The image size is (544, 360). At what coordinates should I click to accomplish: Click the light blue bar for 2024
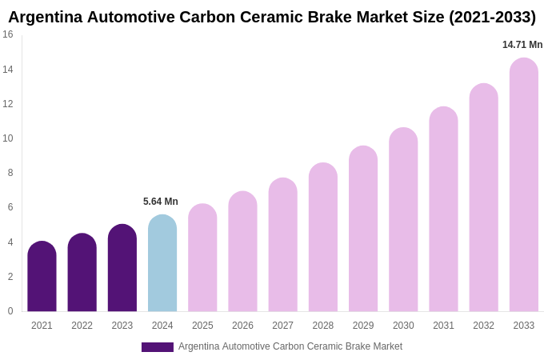point(162,263)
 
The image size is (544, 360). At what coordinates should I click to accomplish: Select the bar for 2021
point(42,277)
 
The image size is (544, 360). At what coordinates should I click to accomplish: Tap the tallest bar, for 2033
point(524,185)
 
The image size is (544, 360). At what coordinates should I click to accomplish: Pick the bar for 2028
point(323,238)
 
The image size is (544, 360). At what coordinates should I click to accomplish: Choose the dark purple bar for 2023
point(122,268)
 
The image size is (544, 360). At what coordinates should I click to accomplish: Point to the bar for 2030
point(403,220)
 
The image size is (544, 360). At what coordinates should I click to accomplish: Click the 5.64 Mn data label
point(161,202)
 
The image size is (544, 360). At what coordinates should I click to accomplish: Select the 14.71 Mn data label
point(522,45)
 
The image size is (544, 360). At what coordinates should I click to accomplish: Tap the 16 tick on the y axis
point(8,34)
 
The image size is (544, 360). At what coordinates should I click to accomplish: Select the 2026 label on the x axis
point(242,326)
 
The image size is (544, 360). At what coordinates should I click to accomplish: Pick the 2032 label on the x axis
point(483,326)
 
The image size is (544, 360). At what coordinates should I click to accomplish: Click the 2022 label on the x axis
point(82,326)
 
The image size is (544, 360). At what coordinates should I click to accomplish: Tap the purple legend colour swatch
point(158,347)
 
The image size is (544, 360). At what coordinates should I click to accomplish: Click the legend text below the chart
point(290,346)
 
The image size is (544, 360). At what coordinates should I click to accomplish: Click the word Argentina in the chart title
point(45,17)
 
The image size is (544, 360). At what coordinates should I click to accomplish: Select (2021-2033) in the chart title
point(492,17)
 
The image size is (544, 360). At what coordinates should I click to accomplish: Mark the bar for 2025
point(202,258)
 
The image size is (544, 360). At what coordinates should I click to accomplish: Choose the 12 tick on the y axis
point(8,104)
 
